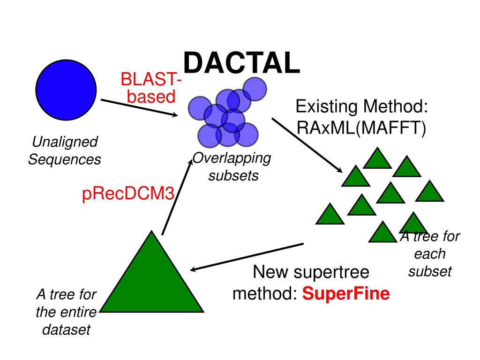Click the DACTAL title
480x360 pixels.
pos(242,63)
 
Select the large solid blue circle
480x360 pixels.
pos(66,90)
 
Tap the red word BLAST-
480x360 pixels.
pos(151,79)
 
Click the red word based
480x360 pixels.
pos(151,97)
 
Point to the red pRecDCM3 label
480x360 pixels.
pos(128,194)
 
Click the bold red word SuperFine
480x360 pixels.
pos(346,293)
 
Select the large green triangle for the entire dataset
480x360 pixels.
pos(151,271)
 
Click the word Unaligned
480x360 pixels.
pos(65,142)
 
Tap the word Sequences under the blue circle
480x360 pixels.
pos(65,159)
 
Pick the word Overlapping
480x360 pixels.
pos(232,158)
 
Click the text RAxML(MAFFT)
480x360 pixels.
pos(361,128)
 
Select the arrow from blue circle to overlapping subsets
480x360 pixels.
pos(140,108)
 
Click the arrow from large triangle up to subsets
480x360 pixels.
pos(177,197)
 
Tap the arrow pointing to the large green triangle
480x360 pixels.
pos(247,257)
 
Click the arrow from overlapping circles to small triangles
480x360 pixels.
pos(307,145)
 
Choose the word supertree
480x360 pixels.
pos(331,272)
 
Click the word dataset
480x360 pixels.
pos(67,330)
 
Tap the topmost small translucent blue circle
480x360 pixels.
pos(255,89)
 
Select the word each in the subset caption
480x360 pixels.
pos(430,254)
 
